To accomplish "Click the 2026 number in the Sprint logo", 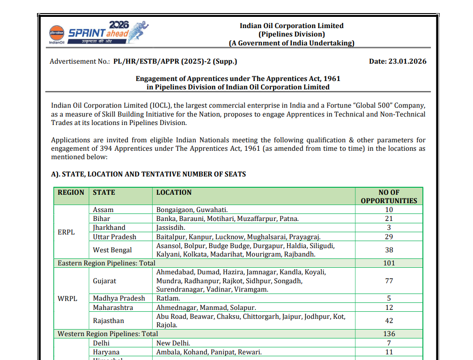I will click(x=118, y=25).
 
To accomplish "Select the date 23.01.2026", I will click(x=407, y=61).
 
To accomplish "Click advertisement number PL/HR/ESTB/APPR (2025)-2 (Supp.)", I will click(x=175, y=61).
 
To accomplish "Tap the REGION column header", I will click(x=71, y=192).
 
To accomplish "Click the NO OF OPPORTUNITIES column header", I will click(x=389, y=197).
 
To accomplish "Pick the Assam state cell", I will click(x=103, y=210).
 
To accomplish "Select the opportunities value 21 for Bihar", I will click(x=389, y=219).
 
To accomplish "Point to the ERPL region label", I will click(x=66, y=232).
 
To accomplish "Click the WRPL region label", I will click(x=67, y=298).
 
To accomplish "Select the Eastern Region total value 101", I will click(x=389, y=263).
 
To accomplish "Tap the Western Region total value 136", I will click(x=389, y=334).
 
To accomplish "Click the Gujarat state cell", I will click(x=104, y=281).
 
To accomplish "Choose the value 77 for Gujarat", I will click(x=389, y=281).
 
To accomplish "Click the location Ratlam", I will click(x=168, y=298).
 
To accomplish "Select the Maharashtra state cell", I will click(x=113, y=308).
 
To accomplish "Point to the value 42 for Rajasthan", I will click(x=389, y=321).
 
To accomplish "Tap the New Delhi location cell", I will click(x=173, y=343).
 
